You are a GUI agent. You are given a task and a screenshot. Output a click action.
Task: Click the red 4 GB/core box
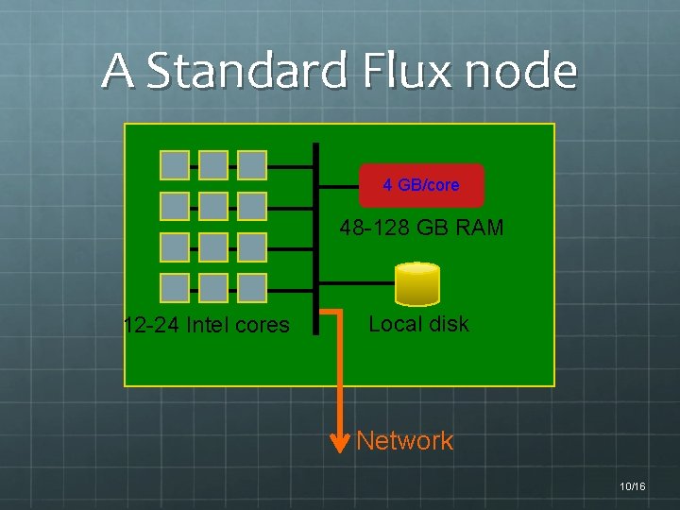coord(421,185)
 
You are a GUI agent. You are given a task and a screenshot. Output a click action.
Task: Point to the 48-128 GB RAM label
coord(422,228)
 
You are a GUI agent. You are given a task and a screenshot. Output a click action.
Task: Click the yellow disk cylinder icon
coord(418,283)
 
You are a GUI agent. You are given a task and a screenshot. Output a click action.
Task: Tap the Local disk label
coord(418,324)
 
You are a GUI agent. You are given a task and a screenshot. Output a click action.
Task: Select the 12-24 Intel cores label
coord(207,326)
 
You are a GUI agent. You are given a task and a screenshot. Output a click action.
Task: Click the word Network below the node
coord(405,441)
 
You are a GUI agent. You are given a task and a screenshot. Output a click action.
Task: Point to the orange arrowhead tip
coord(340,450)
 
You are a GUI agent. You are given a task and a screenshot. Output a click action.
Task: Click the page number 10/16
coord(632,486)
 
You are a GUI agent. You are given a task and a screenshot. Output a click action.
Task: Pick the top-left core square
coord(175,165)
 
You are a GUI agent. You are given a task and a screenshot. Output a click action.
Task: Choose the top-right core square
coord(252,165)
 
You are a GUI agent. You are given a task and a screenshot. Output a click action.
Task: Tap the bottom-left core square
coord(175,288)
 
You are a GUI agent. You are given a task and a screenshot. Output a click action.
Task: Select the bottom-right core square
coord(252,288)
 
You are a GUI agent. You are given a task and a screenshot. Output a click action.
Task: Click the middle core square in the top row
coord(213,165)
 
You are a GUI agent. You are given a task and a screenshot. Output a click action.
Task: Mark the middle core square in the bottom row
coord(213,288)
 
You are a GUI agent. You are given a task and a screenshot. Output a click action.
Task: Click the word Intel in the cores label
coord(208,326)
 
